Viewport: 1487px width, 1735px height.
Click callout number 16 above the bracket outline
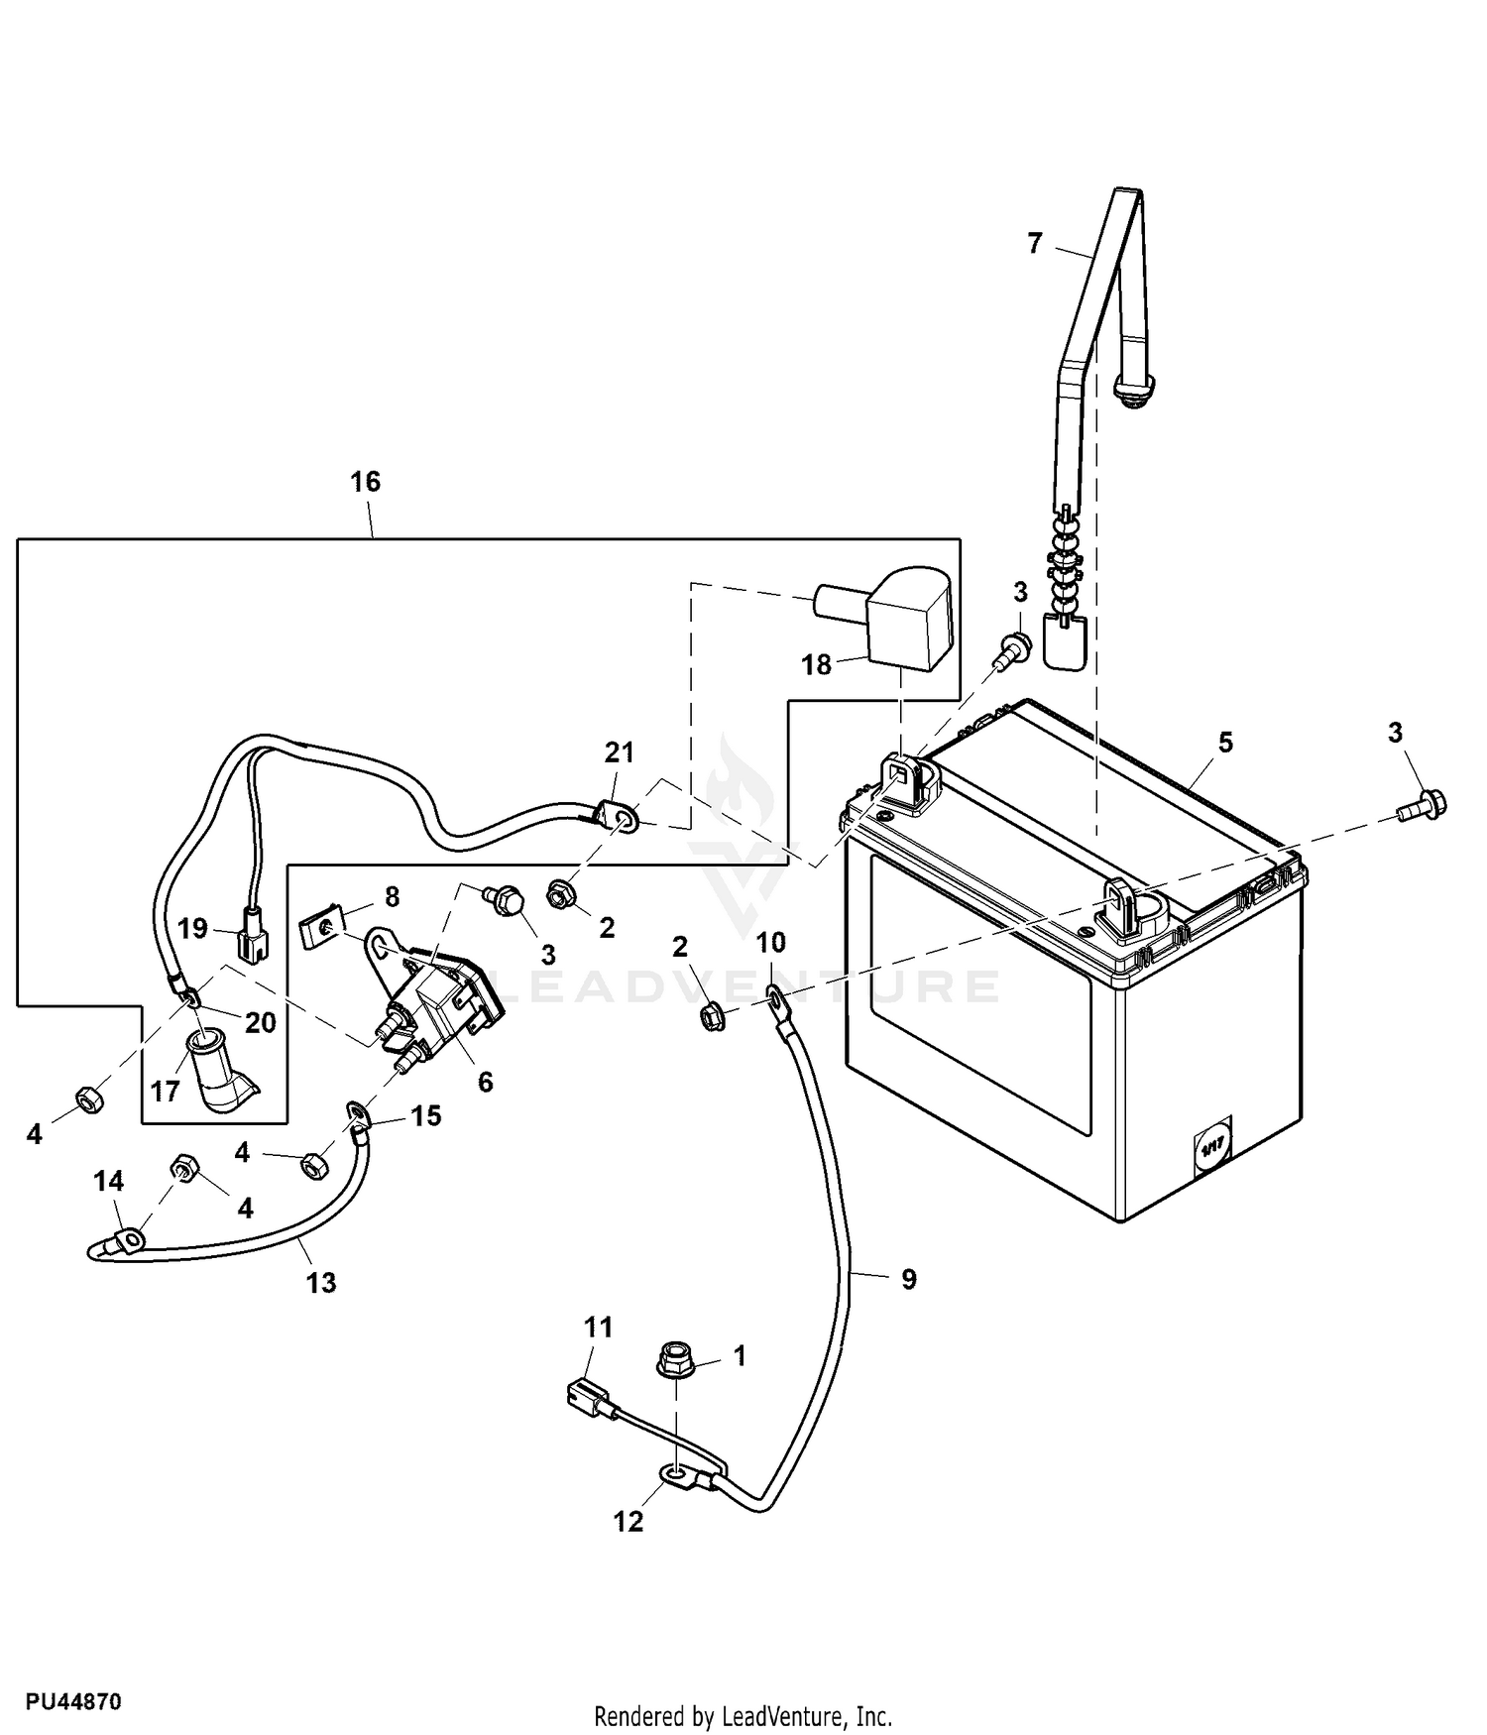click(x=365, y=482)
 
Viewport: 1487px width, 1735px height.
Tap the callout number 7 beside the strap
click(x=1035, y=243)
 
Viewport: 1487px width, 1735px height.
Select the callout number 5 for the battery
click(x=1225, y=742)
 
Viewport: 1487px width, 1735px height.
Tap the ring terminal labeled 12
click(x=677, y=1480)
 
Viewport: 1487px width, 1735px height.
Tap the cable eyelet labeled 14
click(x=129, y=1238)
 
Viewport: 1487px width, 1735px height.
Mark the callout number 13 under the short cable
click(x=321, y=1283)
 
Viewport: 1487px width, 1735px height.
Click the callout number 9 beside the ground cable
click(x=908, y=1280)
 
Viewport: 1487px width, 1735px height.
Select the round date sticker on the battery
click(x=1211, y=1150)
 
